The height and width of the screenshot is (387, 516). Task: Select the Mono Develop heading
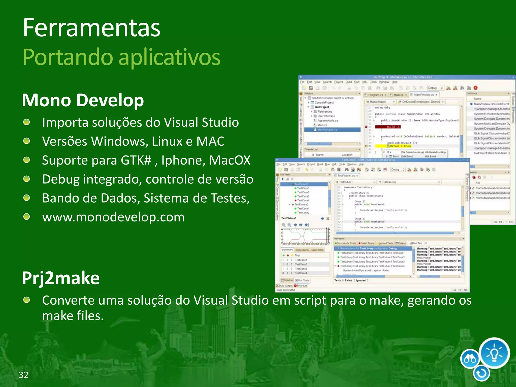pyautogui.click(x=83, y=100)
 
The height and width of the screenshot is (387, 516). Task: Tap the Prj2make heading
pyautogui.click(x=61, y=278)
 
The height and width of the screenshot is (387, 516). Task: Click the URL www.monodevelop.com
pyautogui.click(x=113, y=217)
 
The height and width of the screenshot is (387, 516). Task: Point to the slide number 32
pyautogui.click(x=23, y=375)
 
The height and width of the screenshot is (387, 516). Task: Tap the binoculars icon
pyautogui.click(x=470, y=359)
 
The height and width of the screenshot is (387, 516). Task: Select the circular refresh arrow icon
pyautogui.click(x=481, y=373)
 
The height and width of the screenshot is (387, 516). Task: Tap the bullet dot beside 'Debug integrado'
pyautogui.click(x=26, y=179)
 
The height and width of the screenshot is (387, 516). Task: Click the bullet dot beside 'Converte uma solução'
pyautogui.click(x=26, y=300)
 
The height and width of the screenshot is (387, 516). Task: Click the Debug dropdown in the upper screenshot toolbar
pyautogui.click(x=435, y=88)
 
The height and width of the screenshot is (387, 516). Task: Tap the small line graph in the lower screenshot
pyautogui.click(x=305, y=236)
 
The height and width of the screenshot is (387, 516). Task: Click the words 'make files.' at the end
pyautogui.click(x=73, y=316)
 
